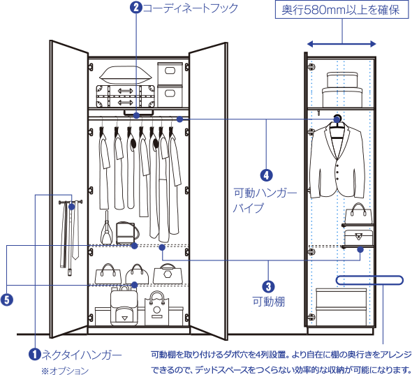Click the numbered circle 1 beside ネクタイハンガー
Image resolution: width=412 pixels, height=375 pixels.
(35, 355)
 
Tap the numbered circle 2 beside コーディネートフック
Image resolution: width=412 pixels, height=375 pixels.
(136, 8)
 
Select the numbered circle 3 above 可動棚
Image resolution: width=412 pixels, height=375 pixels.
(268, 286)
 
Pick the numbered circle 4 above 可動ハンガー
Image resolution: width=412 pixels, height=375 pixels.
(267, 175)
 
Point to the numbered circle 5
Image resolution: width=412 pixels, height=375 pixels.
(7, 300)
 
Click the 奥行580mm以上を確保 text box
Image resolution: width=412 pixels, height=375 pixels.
(342, 10)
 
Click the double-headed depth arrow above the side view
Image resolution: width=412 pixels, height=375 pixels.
(341, 44)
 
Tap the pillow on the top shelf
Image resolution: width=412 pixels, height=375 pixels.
(126, 75)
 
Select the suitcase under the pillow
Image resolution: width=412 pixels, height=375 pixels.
(125, 96)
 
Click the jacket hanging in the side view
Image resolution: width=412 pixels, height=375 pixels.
(337, 161)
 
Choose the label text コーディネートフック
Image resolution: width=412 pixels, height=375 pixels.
(190, 8)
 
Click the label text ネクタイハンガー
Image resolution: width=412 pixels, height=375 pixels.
(82, 355)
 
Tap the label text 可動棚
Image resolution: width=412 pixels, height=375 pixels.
(269, 302)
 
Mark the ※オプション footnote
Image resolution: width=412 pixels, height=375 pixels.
(65, 371)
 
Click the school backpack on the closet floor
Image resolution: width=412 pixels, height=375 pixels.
(124, 306)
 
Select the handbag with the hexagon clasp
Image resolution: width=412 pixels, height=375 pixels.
(168, 274)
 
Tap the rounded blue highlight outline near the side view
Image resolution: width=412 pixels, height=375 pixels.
(369, 280)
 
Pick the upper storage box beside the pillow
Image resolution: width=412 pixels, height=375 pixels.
(170, 73)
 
